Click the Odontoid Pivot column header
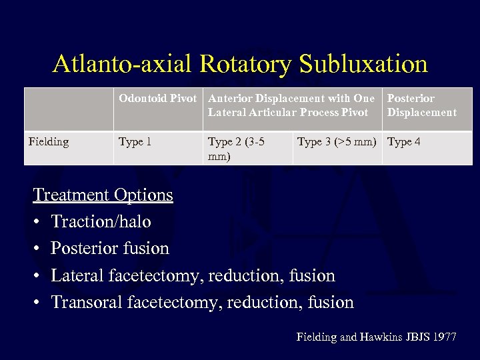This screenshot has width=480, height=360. [x=157, y=99]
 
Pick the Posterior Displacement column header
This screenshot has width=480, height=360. [x=421, y=105]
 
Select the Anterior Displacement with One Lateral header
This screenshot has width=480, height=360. [x=291, y=105]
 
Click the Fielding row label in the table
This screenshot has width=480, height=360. [x=49, y=141]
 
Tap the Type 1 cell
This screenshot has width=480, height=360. [x=135, y=141]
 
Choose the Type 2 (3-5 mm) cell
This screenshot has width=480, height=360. [x=236, y=149]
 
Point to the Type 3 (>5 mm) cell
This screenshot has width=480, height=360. [x=337, y=141]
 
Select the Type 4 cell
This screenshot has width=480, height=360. [x=404, y=141]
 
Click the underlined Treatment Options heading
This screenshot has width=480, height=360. [x=103, y=195]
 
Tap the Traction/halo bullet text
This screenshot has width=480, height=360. [x=101, y=221]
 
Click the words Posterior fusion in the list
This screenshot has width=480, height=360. [x=110, y=249]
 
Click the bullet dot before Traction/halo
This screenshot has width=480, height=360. [x=38, y=222]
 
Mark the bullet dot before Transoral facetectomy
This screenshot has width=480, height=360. [x=38, y=303]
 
